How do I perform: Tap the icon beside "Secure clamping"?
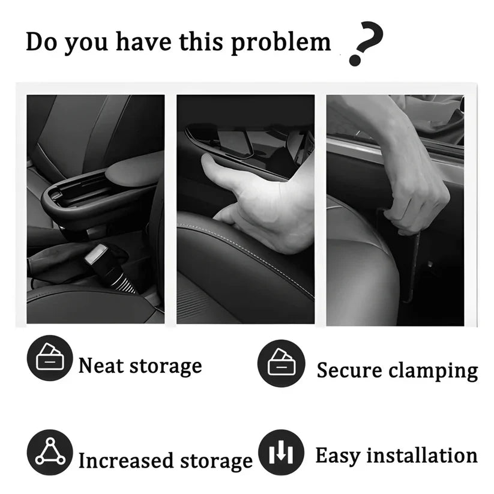pyautogui.click(x=280, y=363)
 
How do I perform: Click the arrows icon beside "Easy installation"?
pyautogui.click(x=280, y=453)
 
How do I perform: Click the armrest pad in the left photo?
pyautogui.click(x=135, y=169)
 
